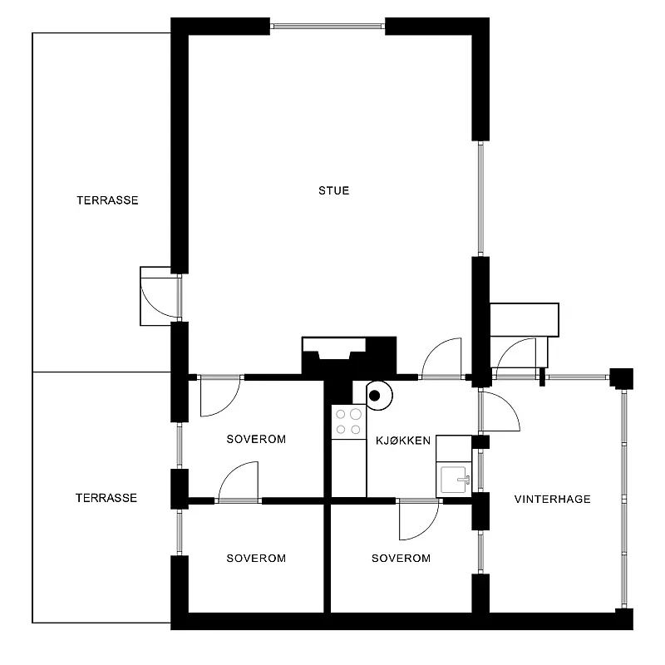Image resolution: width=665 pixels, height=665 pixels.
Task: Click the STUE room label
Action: [334, 190]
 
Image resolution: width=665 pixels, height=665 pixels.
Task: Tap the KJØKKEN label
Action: [403, 441]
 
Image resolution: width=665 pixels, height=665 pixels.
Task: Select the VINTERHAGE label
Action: [552, 499]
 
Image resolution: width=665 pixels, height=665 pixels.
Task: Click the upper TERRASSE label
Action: [107, 200]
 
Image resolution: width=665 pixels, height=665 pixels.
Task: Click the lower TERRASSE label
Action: [106, 498]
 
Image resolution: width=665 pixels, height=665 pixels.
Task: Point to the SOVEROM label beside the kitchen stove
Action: [256, 439]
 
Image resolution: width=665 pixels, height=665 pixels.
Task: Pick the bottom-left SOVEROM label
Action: [256, 558]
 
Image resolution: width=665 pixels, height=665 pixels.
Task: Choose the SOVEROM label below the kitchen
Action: [401, 558]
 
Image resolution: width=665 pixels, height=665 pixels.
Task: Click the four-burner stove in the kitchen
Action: [348, 422]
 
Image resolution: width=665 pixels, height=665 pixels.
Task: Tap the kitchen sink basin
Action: [454, 480]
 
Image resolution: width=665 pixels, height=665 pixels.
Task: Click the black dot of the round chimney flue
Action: [375, 396]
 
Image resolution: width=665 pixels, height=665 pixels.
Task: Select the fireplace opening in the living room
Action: [334, 349]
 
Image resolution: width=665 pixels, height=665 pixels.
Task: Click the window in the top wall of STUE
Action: [328, 27]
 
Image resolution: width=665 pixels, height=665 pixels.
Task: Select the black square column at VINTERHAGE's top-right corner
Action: [622, 378]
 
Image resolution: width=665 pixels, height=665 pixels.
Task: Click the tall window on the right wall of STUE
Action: [480, 199]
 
